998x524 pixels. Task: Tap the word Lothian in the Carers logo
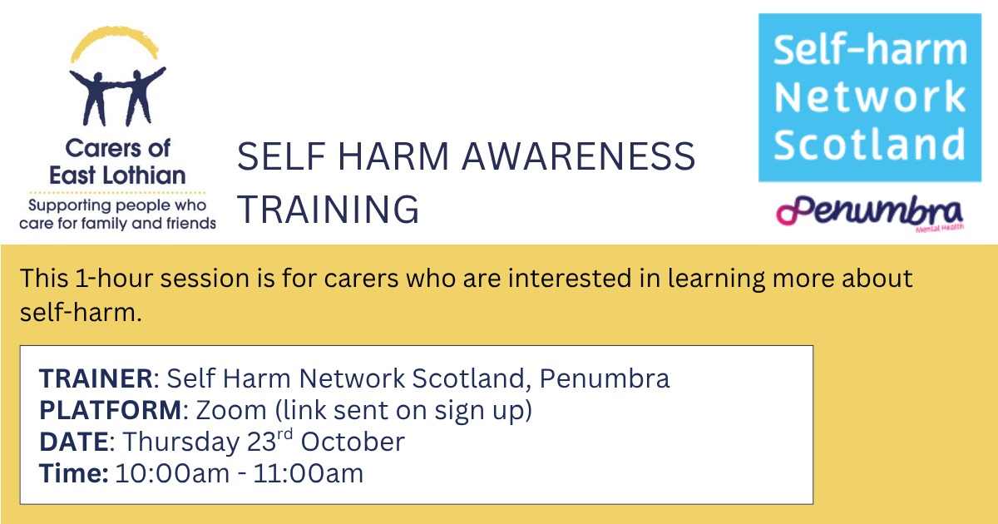[x=145, y=175]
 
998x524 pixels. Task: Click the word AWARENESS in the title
[x=578, y=156]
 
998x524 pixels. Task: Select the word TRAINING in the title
[x=328, y=209]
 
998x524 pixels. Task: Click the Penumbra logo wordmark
[x=870, y=212]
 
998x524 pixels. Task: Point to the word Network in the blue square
[x=870, y=96]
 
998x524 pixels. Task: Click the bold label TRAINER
[x=96, y=378]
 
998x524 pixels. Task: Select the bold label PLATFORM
[x=111, y=410]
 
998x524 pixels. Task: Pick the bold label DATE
[x=74, y=442]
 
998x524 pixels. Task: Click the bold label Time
[x=74, y=473]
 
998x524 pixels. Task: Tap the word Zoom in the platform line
[x=231, y=410]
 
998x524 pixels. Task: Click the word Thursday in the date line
[x=181, y=442]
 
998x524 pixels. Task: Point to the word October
[x=353, y=442]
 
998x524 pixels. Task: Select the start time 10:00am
[x=172, y=473]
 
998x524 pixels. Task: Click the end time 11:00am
[x=309, y=473]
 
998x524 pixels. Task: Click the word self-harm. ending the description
[x=81, y=312]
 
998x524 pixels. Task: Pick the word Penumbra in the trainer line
[x=605, y=378]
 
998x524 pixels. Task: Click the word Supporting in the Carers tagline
[x=72, y=206]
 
